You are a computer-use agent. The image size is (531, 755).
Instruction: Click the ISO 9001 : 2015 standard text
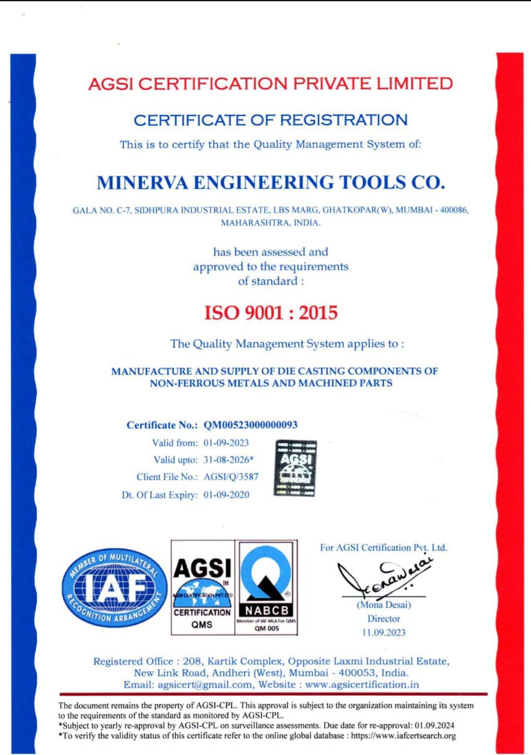tap(271, 312)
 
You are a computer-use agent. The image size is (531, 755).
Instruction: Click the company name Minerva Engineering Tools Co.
tap(271, 182)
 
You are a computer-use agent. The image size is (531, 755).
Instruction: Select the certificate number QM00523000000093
tap(251, 425)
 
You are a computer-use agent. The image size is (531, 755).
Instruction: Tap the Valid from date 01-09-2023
tap(226, 443)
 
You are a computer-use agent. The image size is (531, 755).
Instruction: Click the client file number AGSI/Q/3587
tap(231, 477)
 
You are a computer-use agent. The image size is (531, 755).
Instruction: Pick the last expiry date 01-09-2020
tap(226, 495)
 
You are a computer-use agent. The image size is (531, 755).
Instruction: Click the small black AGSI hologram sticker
tap(295, 468)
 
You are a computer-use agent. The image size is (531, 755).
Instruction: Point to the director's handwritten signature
tap(382, 576)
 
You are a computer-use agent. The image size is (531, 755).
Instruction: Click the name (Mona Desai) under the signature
tap(383, 604)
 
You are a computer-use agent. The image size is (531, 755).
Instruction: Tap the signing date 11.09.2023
tap(384, 633)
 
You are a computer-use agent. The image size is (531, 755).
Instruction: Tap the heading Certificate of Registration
tap(271, 119)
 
